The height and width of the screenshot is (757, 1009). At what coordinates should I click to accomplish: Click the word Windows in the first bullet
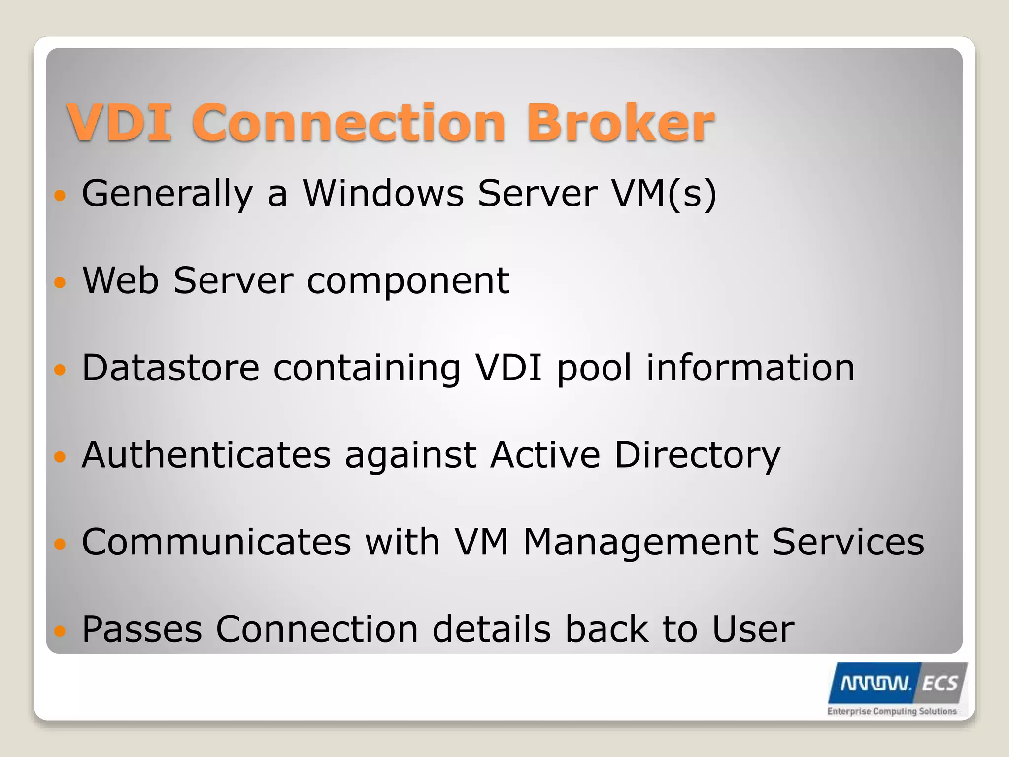383,193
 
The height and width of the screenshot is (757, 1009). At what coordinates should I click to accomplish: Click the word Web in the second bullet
120,280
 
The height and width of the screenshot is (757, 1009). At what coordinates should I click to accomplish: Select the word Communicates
216,542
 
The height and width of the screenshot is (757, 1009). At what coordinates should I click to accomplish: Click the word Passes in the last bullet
142,629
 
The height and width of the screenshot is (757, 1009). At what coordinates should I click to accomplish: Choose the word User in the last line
753,629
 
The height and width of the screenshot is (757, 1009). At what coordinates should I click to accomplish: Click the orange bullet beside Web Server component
60,282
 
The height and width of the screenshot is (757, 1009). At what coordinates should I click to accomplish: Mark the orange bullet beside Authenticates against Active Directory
60,457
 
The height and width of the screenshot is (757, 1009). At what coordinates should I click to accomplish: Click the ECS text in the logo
939,684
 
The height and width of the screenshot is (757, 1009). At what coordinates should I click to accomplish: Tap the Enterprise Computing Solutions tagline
892,711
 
